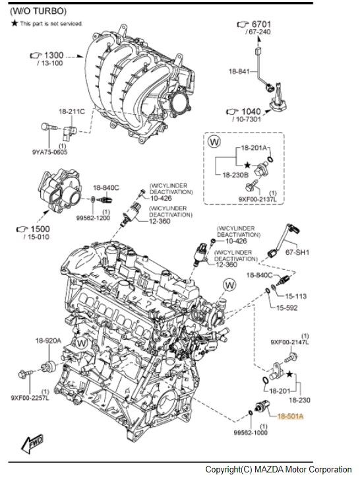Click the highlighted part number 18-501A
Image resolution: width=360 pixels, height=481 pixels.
tap(289, 417)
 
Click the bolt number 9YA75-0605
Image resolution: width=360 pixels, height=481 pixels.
tap(49, 151)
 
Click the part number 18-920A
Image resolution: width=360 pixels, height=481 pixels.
tap(48, 340)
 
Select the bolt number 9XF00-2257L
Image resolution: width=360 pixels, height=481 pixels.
tap(30, 398)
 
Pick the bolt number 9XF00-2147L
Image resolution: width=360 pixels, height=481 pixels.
tap(289, 342)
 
